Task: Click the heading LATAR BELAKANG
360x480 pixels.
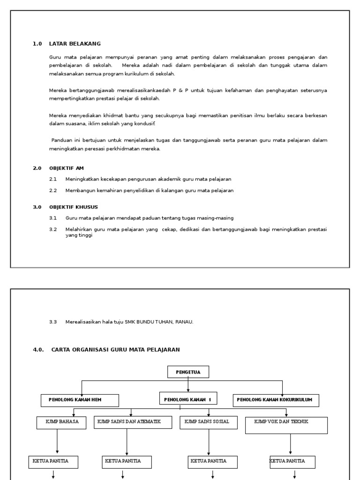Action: pos(75,44)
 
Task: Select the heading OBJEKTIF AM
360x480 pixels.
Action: pos(67,168)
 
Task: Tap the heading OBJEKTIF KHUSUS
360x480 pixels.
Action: pos(74,207)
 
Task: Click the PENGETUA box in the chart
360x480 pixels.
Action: pos(188,372)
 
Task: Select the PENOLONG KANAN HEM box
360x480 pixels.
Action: pos(80,400)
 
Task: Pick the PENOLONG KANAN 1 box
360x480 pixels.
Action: pos(188,399)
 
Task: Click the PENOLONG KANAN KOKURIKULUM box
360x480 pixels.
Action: pos(276,400)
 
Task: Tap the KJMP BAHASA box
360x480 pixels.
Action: pos(59,422)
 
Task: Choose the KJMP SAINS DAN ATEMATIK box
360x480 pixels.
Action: pos(129,422)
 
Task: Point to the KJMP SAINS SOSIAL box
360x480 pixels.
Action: pos(208,422)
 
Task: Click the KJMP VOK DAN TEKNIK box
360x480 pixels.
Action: pos(286,425)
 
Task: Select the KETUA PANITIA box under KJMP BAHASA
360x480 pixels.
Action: pos(53,462)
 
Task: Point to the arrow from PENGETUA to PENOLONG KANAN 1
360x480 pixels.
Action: pos(188,384)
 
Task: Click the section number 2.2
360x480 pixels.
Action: pos(53,191)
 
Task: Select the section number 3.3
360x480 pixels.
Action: pos(53,322)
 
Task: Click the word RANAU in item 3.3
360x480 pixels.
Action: pos(184,322)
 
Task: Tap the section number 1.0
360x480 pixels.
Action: pos(37,44)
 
